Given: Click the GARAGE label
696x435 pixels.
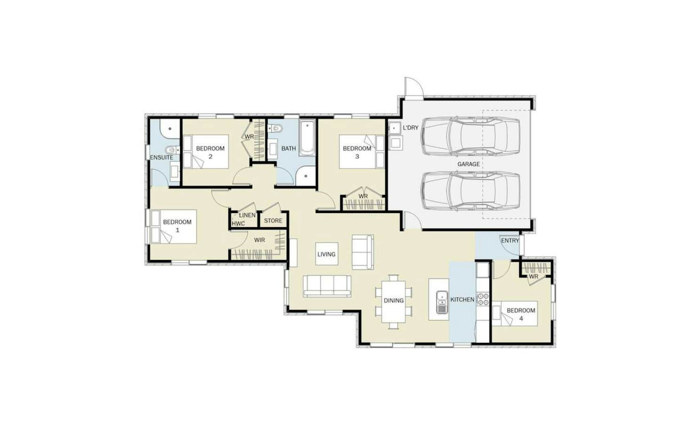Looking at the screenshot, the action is pyautogui.click(x=468, y=164).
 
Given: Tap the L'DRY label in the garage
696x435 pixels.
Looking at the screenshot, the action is pyautogui.click(x=411, y=128).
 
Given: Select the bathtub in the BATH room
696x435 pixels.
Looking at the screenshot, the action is pyautogui.click(x=307, y=138).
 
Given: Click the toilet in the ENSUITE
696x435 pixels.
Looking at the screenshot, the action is pyautogui.click(x=172, y=150).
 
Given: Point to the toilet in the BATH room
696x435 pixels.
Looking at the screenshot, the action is pyautogui.click(x=275, y=128).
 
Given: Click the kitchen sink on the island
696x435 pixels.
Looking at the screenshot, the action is pyautogui.click(x=442, y=302).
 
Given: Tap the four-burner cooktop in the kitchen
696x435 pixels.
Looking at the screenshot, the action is pyautogui.click(x=483, y=299).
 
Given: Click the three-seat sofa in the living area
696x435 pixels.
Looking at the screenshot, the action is pyautogui.click(x=327, y=286).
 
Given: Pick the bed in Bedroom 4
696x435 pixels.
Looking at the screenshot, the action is pyautogui.click(x=515, y=313).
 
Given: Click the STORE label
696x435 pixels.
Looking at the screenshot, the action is pyautogui.click(x=273, y=221).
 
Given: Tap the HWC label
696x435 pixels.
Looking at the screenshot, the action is pyautogui.click(x=238, y=224).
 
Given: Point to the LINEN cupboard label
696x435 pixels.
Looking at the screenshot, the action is pyautogui.click(x=247, y=215).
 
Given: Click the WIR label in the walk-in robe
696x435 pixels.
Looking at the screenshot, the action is pyautogui.click(x=260, y=240).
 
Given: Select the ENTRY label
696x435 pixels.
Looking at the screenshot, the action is pyautogui.click(x=510, y=240).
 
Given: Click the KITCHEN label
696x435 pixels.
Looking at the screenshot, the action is pyautogui.click(x=462, y=300).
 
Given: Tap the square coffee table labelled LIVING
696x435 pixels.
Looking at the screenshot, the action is pyautogui.click(x=326, y=254).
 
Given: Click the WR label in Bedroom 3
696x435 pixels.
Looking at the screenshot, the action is pyautogui.click(x=363, y=197).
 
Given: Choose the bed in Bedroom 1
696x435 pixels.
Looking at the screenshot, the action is pyautogui.click(x=174, y=227).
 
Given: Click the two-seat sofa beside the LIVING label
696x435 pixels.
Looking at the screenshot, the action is pyautogui.click(x=363, y=252).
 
